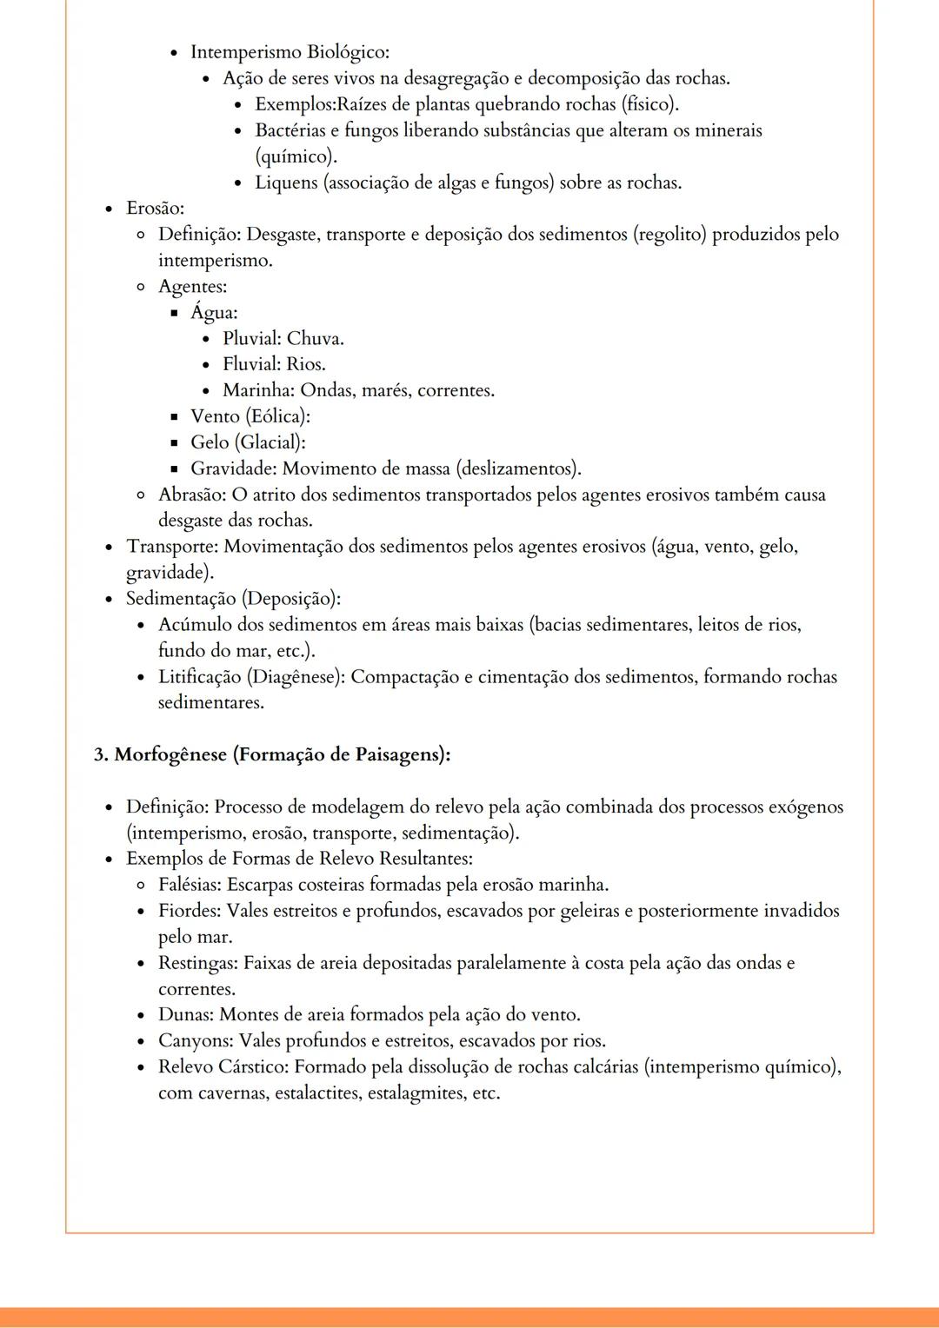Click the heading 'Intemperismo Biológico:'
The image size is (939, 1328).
coord(290,52)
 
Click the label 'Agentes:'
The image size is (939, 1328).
coord(192,287)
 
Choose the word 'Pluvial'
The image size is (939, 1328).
coord(250,338)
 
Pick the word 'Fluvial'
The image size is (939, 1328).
coord(250,364)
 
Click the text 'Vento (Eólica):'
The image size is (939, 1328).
coord(250,416)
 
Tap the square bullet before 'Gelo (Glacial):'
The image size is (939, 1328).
coord(174,443)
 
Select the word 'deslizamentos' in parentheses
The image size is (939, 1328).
coord(516,468)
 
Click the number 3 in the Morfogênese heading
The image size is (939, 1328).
coord(99,754)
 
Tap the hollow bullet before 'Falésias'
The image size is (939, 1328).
coord(141,886)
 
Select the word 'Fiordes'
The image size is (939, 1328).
coord(189,911)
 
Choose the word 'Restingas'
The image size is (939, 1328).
coord(196,963)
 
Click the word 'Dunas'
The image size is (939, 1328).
coord(184,1014)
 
